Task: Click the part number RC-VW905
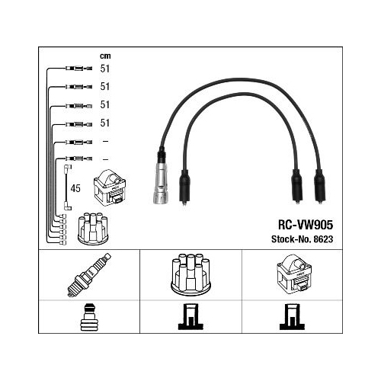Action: [x=306, y=225]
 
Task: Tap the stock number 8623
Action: [x=323, y=239]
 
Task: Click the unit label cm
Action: [x=105, y=56]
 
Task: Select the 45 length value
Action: [x=75, y=188]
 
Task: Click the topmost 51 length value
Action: [x=105, y=69]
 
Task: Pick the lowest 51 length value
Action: [x=105, y=123]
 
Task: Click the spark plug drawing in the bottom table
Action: [x=89, y=275]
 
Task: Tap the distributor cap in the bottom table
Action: [x=190, y=274]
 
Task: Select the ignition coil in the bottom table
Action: [x=294, y=275]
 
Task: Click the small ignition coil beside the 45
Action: [x=110, y=187]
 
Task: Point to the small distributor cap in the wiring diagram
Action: [x=93, y=229]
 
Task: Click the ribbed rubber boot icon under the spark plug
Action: [x=89, y=318]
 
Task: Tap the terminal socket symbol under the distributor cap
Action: [x=190, y=317]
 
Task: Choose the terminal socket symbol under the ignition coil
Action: [x=292, y=317]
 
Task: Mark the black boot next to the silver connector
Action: [x=184, y=187]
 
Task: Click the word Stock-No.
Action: [x=291, y=239]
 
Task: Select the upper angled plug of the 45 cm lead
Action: [x=67, y=168]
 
